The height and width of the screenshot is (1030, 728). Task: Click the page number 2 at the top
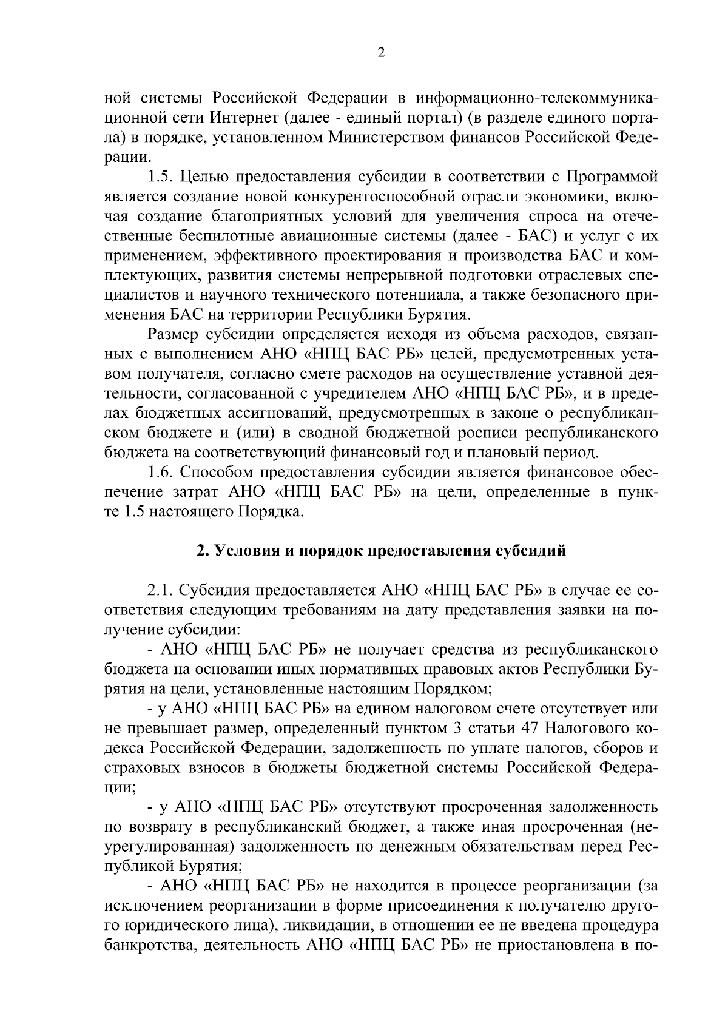380,53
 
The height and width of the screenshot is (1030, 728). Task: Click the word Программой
612,177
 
